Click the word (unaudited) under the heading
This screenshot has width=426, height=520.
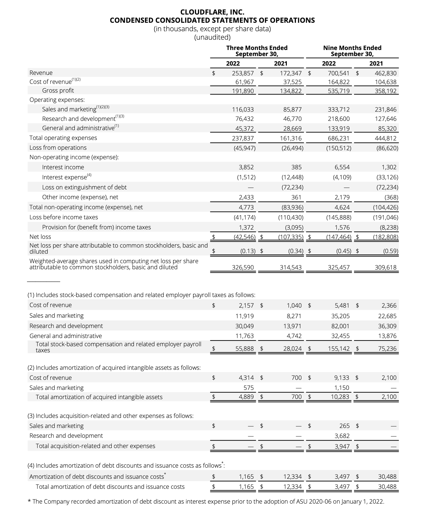212,37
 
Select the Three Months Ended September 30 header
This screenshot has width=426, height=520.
257,51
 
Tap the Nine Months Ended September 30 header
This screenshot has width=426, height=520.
352,51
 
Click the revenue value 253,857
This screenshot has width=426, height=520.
243,73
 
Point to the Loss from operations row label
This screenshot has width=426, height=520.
58,148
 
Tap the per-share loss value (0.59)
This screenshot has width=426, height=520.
391,251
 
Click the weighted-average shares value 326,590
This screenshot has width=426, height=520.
243,267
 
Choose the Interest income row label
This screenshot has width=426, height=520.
63,167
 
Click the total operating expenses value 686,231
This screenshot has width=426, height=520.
338,138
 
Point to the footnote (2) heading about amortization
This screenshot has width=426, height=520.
114,368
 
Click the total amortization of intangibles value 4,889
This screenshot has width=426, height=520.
246,397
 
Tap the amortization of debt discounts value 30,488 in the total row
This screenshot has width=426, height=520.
387,487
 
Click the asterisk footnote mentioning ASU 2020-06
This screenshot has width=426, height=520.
206,501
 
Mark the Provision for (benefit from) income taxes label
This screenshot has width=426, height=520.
96,227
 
